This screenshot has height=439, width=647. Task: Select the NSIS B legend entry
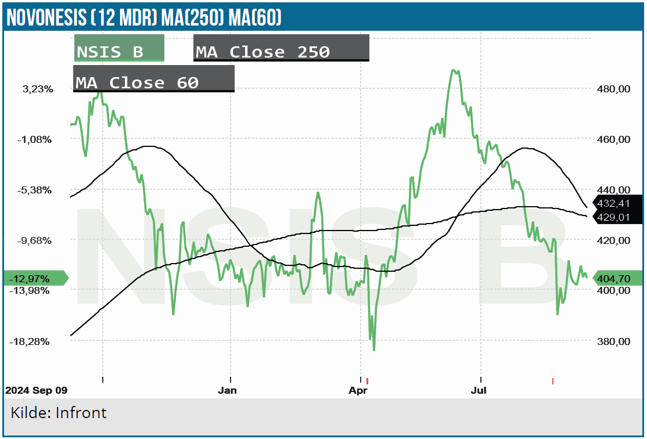[119, 48]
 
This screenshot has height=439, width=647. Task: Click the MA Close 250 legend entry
[281, 48]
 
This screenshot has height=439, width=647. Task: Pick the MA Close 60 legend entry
[154, 79]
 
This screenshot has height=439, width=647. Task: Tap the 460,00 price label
[613, 139]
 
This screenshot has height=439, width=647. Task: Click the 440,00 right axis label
[613, 190]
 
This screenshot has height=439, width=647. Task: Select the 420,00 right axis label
[613, 240]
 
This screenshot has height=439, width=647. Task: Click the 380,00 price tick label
[613, 341]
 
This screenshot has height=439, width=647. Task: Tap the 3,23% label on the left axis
[38, 89]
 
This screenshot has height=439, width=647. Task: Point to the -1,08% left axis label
[37, 139]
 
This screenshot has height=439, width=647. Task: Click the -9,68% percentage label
[37, 240]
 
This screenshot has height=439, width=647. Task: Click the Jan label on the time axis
[227, 390]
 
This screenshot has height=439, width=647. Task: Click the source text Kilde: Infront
[59, 413]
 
